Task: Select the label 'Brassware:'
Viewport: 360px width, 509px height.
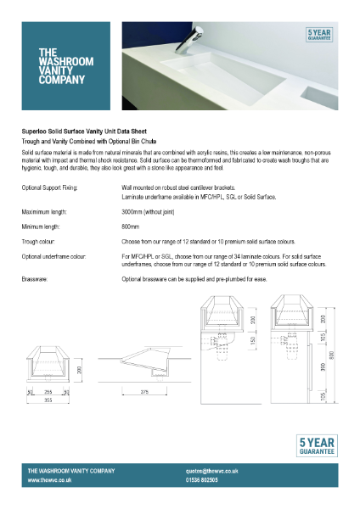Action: (35, 278)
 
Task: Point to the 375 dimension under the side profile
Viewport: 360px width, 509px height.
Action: (145, 391)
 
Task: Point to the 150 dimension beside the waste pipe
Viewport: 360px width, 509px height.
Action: (252, 340)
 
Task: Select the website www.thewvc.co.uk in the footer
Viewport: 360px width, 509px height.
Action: (48, 480)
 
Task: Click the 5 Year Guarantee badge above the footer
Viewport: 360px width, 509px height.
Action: (316, 446)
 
